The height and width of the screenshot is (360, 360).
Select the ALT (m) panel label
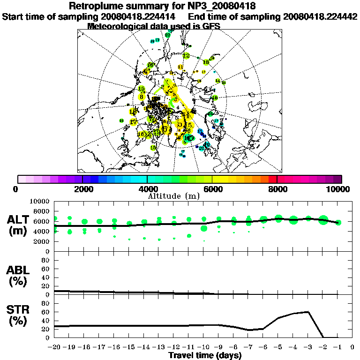pos(19,225)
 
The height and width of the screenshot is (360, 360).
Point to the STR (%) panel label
pos(19,315)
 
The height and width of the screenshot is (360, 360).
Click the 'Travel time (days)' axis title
pos(204,356)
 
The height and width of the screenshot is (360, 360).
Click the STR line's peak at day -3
pos(308,312)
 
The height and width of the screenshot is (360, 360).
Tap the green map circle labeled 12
pos(187,56)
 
